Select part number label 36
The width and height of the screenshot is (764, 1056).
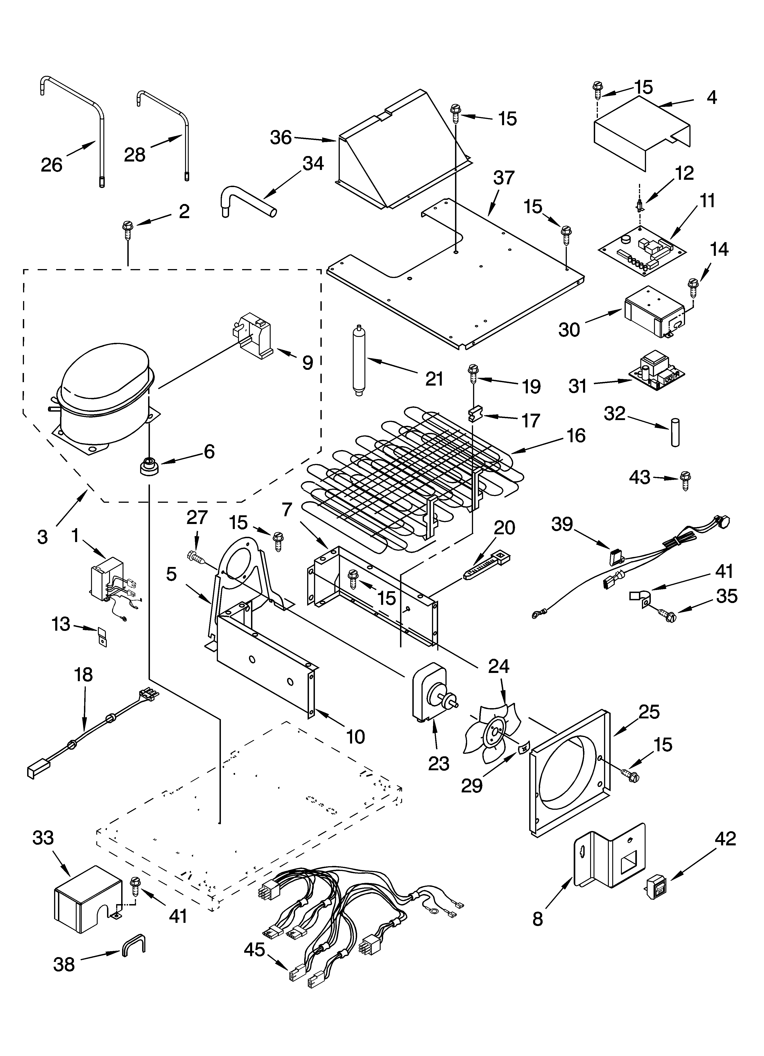click(x=281, y=138)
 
